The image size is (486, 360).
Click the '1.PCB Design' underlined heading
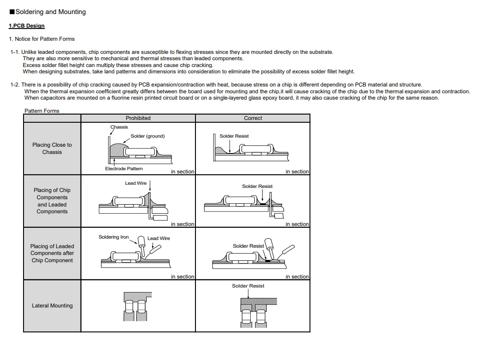(x=27, y=26)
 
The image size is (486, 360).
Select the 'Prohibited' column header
(x=138, y=118)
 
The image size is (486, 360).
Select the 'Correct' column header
(x=253, y=118)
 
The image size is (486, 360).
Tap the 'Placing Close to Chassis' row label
(x=52, y=149)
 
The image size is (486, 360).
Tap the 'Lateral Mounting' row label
(x=52, y=306)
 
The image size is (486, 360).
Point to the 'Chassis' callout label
(x=119, y=127)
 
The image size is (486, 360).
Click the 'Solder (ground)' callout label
(x=148, y=136)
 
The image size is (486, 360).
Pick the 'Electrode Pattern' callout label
(x=124, y=169)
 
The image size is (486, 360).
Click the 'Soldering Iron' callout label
(x=114, y=237)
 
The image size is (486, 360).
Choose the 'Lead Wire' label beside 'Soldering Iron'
(x=159, y=238)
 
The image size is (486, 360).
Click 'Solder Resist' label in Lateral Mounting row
(x=248, y=286)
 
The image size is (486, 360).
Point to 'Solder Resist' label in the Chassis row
(x=234, y=136)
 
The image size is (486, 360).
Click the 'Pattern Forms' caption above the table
(x=42, y=111)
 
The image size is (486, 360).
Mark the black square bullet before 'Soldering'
(x=12, y=12)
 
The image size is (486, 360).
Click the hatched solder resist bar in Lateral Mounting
(x=258, y=301)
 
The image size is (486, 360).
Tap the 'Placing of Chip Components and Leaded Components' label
(x=52, y=201)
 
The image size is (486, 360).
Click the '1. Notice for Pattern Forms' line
(x=42, y=39)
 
